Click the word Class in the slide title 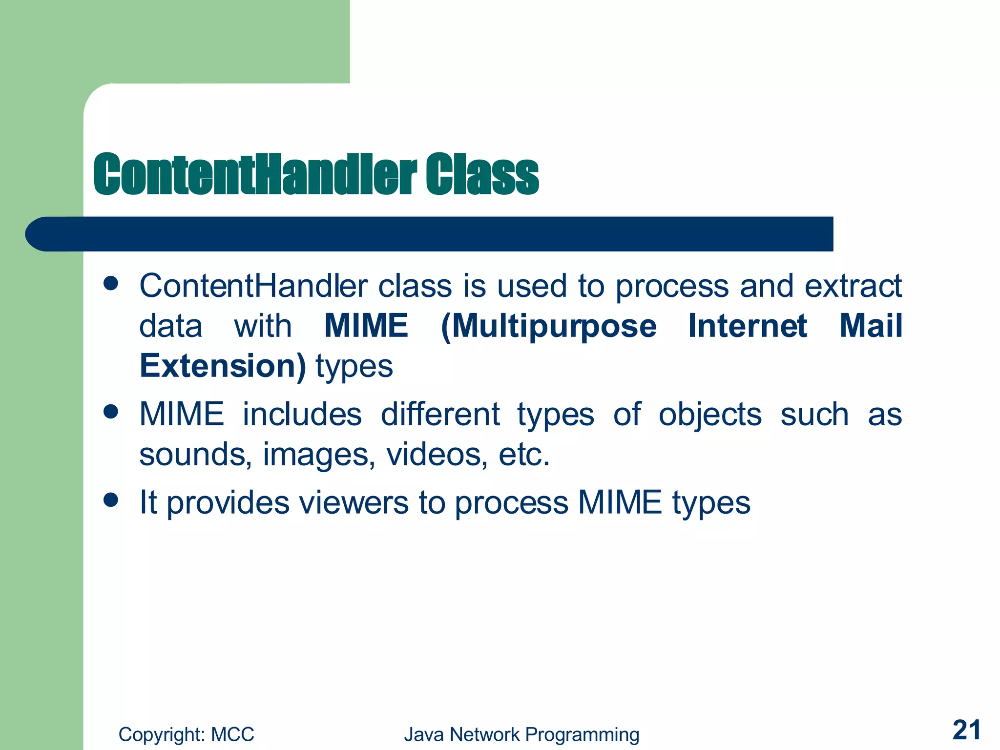[x=482, y=175]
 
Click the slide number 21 [x=966, y=730]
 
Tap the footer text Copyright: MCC [x=186, y=734]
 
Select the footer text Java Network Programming [x=521, y=734]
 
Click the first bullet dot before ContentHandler [x=111, y=283]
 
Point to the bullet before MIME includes [x=111, y=412]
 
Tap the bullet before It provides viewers [x=111, y=500]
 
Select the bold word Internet [x=747, y=326]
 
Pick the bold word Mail [x=871, y=326]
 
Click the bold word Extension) [x=223, y=366]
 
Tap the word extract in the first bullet [x=853, y=286]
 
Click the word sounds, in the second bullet [x=195, y=455]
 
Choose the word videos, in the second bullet [x=437, y=455]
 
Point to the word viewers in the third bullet [x=354, y=502]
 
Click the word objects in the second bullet [x=709, y=416]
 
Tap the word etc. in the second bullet [x=524, y=455]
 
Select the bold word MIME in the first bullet [x=366, y=326]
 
